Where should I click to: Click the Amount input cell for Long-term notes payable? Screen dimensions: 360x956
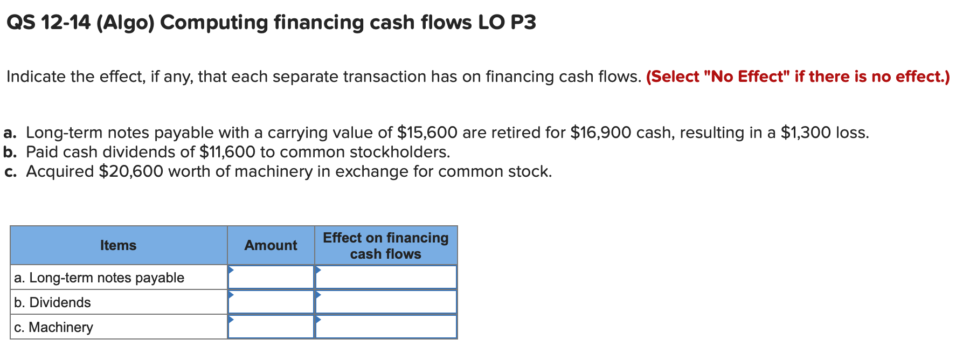(271, 277)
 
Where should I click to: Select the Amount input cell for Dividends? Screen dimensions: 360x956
(271, 302)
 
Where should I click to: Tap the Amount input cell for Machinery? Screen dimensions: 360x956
(271, 327)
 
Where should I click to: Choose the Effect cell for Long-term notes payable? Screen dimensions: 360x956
(386, 277)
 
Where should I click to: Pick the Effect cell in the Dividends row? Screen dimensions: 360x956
(386, 302)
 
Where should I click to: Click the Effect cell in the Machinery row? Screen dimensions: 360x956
(386, 327)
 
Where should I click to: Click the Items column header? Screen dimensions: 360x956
(119, 245)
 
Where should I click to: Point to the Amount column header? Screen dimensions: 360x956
(271, 245)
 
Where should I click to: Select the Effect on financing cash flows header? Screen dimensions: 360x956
(386, 245)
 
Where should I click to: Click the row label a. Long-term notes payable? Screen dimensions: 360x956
(99, 278)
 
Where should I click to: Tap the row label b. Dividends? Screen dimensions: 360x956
(53, 302)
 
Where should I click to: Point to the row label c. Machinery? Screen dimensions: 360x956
(54, 327)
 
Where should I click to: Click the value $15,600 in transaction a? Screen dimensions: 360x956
(427, 133)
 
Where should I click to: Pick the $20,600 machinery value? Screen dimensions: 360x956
(131, 171)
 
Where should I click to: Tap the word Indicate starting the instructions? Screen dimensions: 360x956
(36, 77)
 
